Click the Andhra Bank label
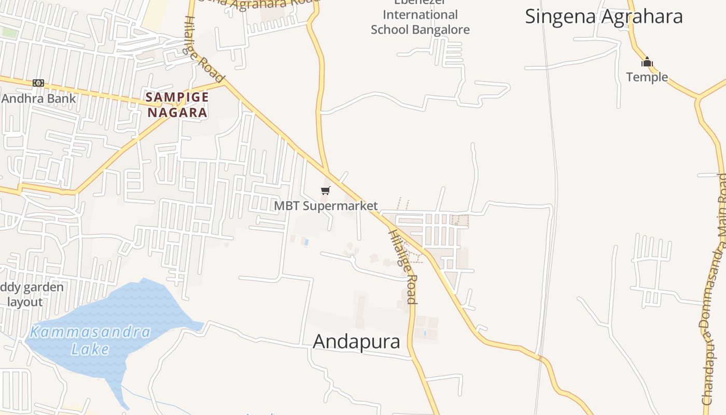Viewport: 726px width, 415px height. [x=39, y=99]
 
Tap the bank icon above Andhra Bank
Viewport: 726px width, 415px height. [x=38, y=83]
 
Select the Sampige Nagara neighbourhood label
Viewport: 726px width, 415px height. [x=177, y=104]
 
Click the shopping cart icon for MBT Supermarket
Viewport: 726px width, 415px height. [x=326, y=191]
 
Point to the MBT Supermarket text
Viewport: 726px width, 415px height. [x=326, y=206]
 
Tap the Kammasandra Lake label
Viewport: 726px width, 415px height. [x=90, y=340]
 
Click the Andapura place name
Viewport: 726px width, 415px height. [x=357, y=341]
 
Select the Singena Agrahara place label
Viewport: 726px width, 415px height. [x=604, y=17]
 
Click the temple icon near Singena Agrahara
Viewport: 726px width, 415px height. [x=647, y=62]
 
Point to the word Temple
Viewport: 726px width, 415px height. [x=647, y=77]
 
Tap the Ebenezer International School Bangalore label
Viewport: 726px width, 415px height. [x=420, y=21]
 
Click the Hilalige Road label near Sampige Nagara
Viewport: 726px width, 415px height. [x=205, y=49]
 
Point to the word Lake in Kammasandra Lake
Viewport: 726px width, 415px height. [x=90, y=349]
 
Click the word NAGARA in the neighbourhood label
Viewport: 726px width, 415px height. [x=177, y=112]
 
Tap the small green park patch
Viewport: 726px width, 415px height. [x=9, y=32]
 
